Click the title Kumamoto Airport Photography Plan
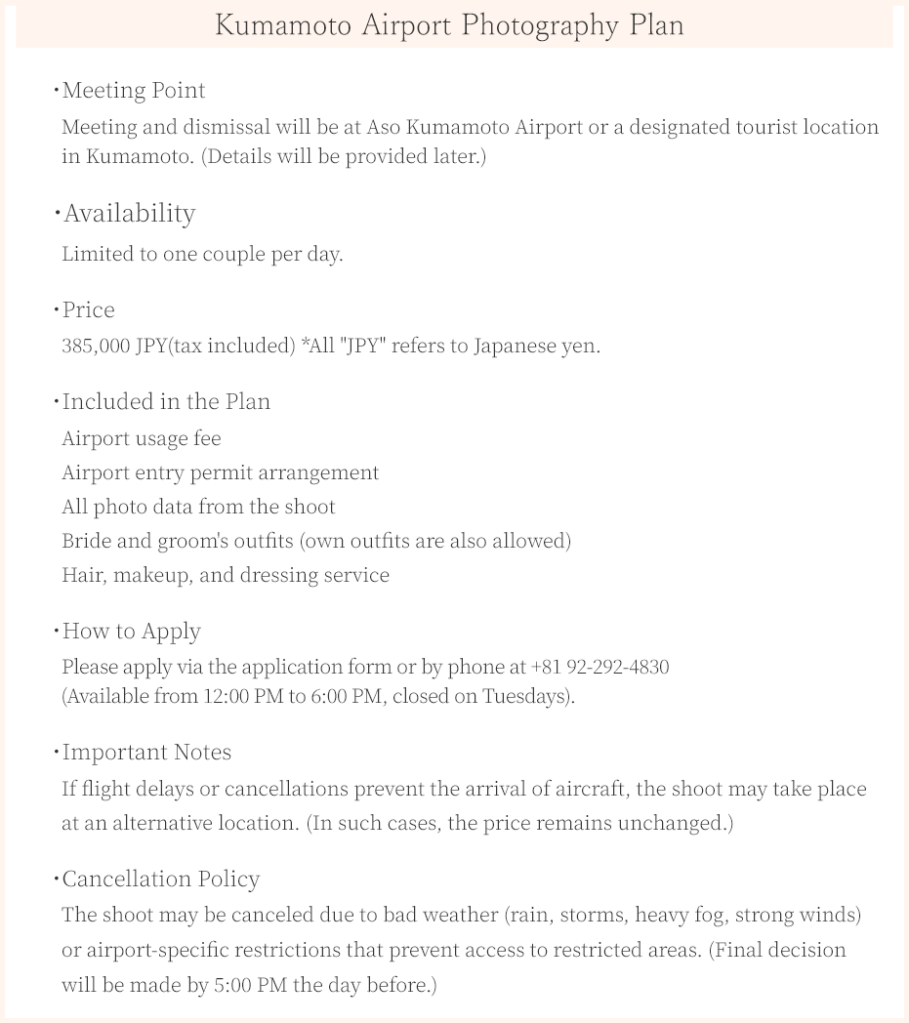coord(449,25)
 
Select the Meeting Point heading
coord(134,91)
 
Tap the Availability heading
coord(129,213)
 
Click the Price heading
coord(88,310)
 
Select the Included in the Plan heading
coord(166,402)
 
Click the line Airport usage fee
coord(142,438)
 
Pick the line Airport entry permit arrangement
coord(220,472)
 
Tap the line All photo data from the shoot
coord(198,507)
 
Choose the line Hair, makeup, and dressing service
coord(226,575)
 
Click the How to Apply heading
coord(131,632)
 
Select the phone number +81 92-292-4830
coord(599,667)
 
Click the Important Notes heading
coord(146,753)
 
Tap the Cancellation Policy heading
coord(161,880)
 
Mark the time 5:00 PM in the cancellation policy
coord(250,985)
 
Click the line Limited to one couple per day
coord(202,254)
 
